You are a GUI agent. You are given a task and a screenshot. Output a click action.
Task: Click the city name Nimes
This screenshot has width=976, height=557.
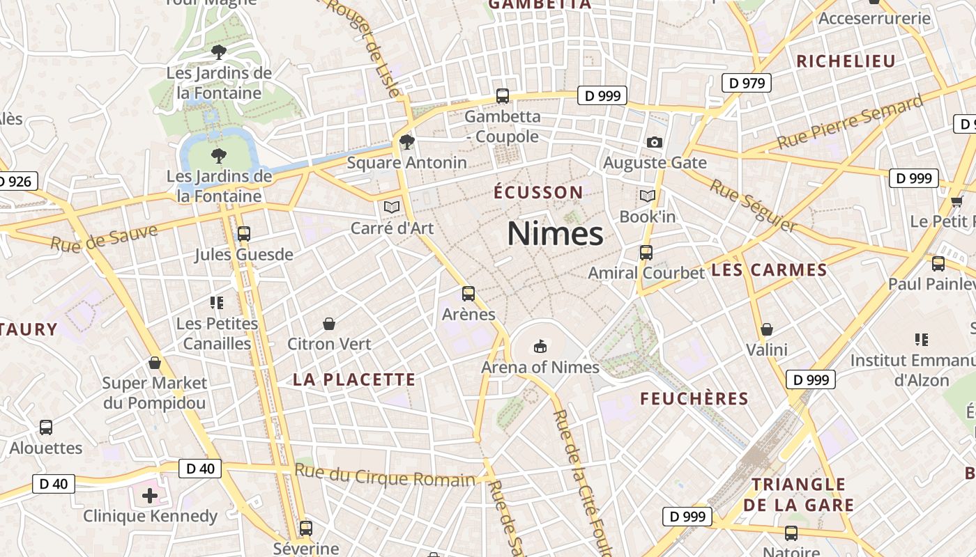(x=555, y=233)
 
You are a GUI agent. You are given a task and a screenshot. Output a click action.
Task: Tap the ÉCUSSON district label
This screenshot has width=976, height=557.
(x=538, y=192)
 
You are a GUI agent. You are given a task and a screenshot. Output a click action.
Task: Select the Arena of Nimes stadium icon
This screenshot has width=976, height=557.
(x=540, y=346)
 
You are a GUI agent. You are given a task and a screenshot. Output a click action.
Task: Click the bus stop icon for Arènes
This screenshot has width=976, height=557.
(x=468, y=294)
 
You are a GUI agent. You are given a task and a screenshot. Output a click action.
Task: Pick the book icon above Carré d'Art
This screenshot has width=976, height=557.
(x=392, y=207)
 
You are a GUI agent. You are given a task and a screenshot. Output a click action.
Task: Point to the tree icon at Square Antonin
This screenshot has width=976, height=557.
(x=407, y=142)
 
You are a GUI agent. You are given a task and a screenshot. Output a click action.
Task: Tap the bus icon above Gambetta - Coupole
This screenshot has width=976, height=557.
(x=502, y=96)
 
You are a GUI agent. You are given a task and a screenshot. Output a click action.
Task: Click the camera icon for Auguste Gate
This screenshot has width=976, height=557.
(x=654, y=142)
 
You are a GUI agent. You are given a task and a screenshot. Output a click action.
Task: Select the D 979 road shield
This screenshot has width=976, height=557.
(x=746, y=84)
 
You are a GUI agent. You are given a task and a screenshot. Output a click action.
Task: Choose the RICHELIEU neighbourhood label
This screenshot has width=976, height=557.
(x=846, y=61)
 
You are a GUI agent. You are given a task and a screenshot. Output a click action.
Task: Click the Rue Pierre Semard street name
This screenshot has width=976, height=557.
(x=850, y=123)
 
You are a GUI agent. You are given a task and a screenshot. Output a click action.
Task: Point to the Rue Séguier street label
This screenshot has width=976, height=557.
(x=753, y=205)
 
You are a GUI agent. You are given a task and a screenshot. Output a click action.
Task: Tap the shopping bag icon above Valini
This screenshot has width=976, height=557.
(x=767, y=329)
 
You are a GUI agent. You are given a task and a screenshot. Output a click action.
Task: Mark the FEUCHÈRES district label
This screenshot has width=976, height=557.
(x=694, y=399)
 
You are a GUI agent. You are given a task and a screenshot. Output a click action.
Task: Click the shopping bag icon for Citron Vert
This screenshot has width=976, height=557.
(x=329, y=324)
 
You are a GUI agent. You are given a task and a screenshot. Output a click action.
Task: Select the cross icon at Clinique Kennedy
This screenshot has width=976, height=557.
(x=149, y=496)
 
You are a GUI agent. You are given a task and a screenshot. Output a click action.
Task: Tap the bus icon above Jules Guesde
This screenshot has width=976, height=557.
(x=243, y=234)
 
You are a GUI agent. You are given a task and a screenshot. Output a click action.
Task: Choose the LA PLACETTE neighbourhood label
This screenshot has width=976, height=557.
(x=353, y=379)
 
